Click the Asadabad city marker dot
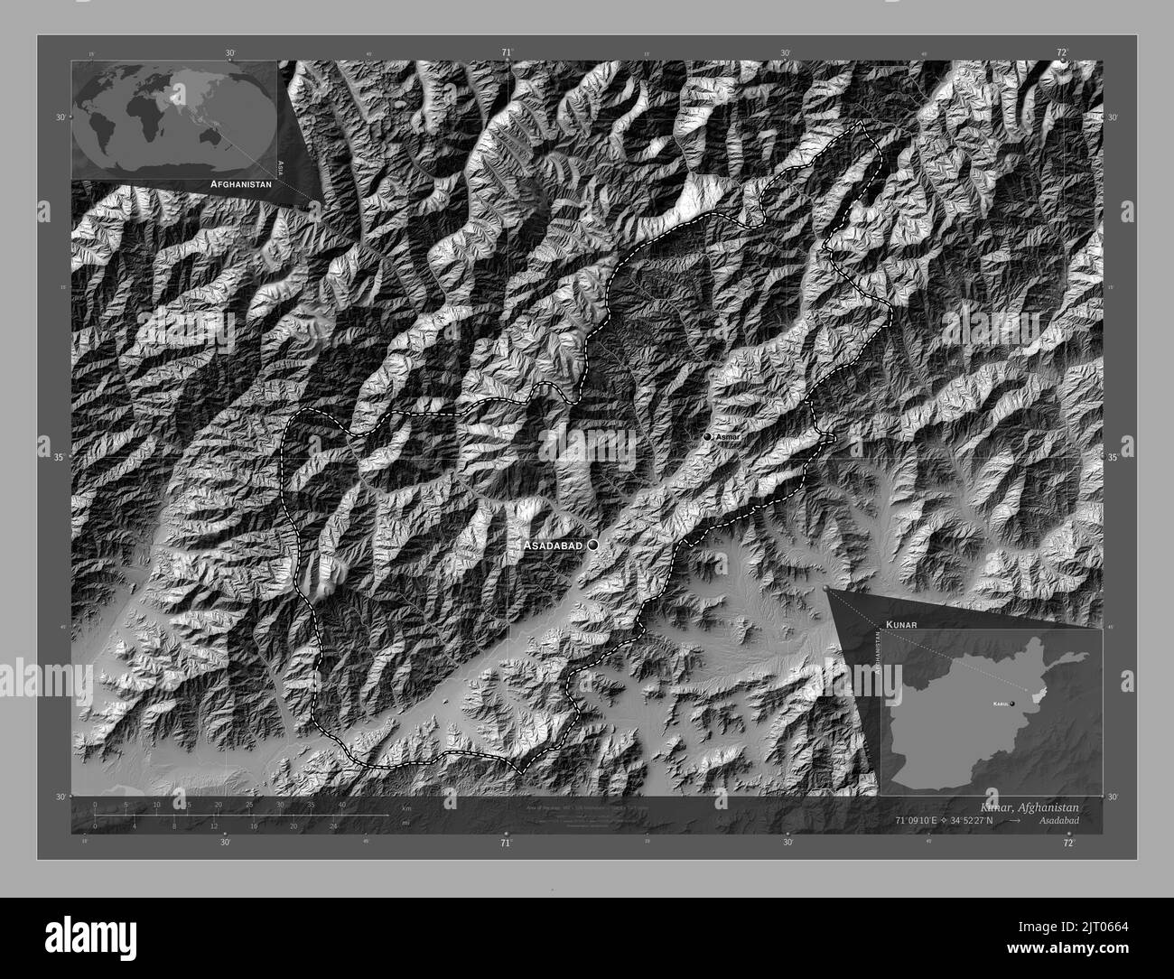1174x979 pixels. click(592, 545)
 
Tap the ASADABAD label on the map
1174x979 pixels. click(554, 546)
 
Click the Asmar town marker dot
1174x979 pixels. click(707, 437)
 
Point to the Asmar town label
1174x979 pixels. click(727, 437)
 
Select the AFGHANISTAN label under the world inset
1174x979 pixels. click(240, 183)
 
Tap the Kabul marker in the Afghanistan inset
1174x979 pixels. click(1012, 704)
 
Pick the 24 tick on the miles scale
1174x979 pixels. click(334, 825)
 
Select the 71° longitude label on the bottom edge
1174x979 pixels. click(506, 843)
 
